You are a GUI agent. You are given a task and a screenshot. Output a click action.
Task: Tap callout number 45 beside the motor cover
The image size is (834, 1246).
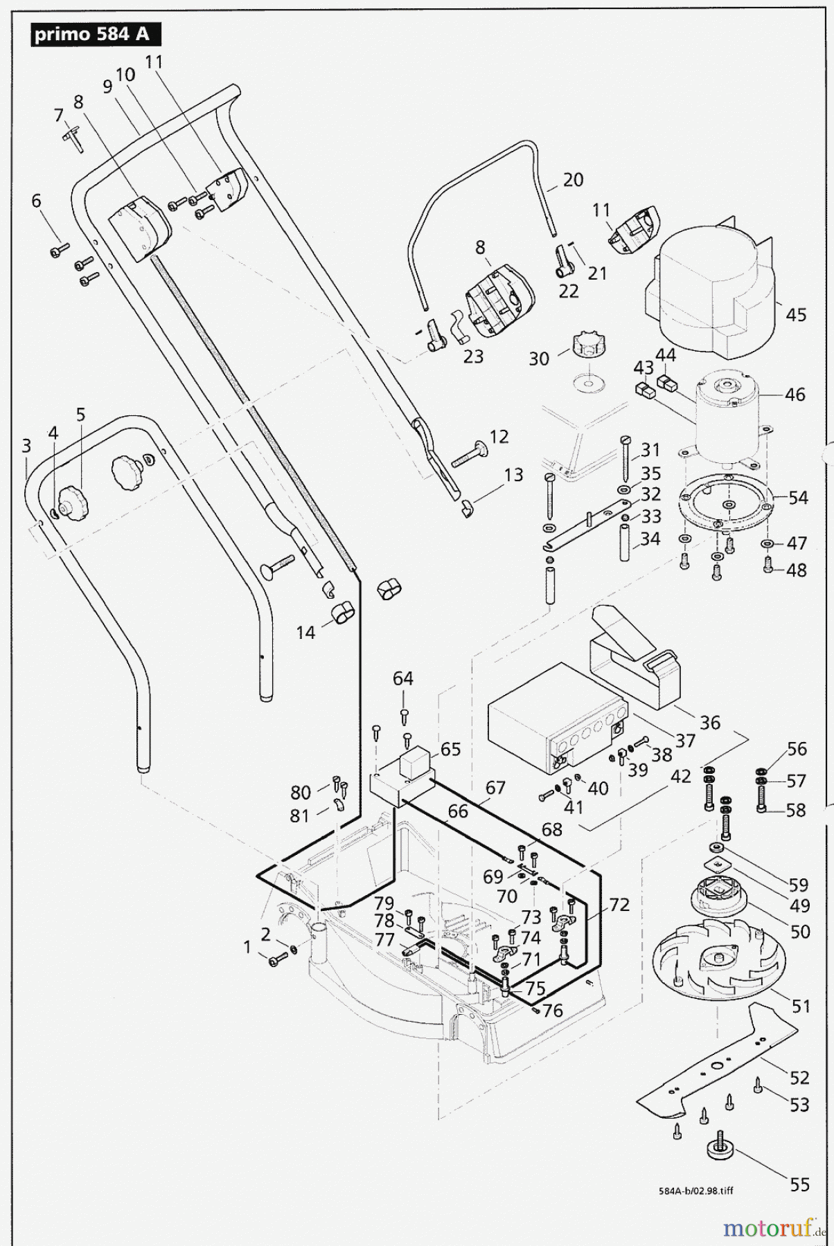coord(796,314)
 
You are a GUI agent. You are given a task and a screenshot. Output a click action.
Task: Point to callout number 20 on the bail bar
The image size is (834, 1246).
coord(573,179)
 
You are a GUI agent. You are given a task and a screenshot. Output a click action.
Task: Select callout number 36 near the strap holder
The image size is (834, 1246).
coord(710,722)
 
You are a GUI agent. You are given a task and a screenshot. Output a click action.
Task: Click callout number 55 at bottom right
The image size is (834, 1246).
coord(799,1184)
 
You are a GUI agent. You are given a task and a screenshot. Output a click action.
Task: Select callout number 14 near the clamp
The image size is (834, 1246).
coord(305,632)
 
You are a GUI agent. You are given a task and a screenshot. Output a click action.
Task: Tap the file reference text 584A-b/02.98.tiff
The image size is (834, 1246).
coord(695,1191)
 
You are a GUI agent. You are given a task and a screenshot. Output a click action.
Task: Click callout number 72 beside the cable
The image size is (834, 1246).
coord(619,904)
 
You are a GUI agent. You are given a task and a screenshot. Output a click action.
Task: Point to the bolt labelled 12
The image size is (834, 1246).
coord(471,454)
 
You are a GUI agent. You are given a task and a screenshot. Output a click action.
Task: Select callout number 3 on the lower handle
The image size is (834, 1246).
coord(26,445)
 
